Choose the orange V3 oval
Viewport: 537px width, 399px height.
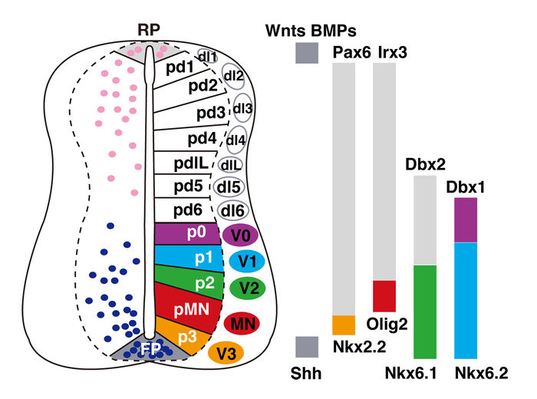(226, 354)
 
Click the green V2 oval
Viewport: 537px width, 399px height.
(247, 289)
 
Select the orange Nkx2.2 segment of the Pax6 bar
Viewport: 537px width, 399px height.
(344, 325)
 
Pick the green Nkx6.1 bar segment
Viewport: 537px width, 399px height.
(425, 312)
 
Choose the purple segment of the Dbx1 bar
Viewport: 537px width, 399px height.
(466, 220)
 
